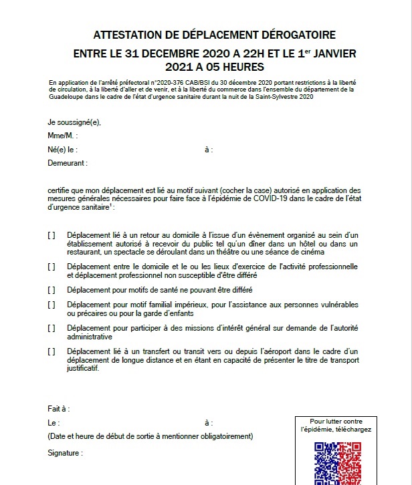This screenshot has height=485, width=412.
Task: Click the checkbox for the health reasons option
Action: tap(51, 289)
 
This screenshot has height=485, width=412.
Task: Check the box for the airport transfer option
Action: tap(51, 351)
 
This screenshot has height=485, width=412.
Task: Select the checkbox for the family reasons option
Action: tap(51, 305)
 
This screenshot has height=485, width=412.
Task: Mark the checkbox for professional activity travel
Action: tap(51, 266)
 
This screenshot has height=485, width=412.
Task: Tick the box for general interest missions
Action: tap(51, 328)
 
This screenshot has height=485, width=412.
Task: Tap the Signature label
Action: tap(65, 453)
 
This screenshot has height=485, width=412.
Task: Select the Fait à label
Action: tap(59, 409)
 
